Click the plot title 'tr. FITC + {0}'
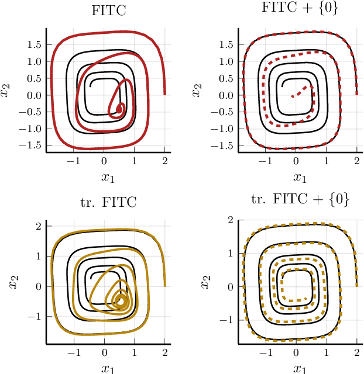tap(300, 199)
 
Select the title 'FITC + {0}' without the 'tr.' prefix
tap(300, 9)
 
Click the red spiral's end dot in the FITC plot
tap(119, 109)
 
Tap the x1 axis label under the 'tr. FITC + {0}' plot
tap(300, 368)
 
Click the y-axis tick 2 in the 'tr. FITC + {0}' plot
tap(231, 220)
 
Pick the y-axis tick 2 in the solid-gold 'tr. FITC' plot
tap(39, 226)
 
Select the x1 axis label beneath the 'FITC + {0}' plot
tap(300, 177)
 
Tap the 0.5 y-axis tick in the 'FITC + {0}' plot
tap(225, 78)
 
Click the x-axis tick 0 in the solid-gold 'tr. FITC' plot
tap(104, 352)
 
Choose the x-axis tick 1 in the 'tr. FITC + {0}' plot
tap(327, 352)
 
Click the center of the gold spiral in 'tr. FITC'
tap(121, 300)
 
